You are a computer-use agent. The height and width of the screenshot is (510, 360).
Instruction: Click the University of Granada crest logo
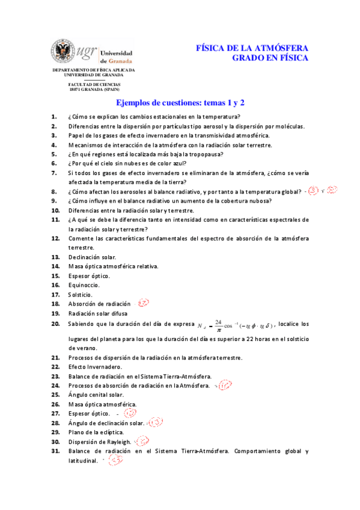tap(62, 53)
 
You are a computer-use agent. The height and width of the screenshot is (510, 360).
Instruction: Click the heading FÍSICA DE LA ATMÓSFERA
tap(252, 48)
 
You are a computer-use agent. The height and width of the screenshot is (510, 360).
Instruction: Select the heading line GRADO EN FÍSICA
tap(270, 58)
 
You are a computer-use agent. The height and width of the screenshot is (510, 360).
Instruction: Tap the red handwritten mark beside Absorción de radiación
tap(143, 304)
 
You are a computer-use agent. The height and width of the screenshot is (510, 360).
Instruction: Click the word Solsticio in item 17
tap(80, 295)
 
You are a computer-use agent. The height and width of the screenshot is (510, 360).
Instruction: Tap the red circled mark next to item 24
tap(224, 386)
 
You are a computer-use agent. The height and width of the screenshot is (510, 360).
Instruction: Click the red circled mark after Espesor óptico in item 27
tap(129, 414)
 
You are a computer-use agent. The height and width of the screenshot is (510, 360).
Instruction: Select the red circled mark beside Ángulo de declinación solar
tap(156, 423)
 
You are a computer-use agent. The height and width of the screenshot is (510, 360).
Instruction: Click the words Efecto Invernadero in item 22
tap(95, 367)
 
